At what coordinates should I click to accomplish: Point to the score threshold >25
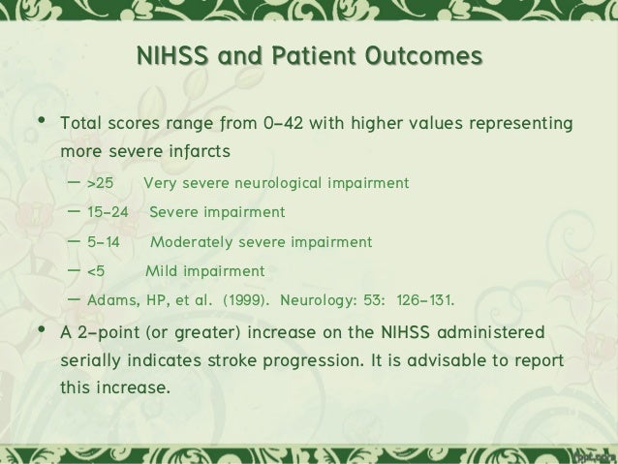[100, 183]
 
